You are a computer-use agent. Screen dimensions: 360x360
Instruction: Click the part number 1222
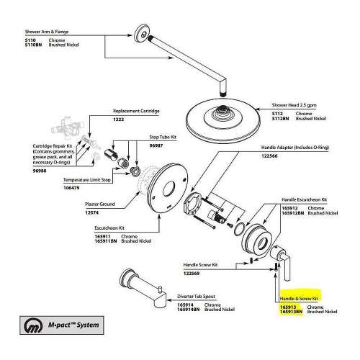(x=120, y=119)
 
